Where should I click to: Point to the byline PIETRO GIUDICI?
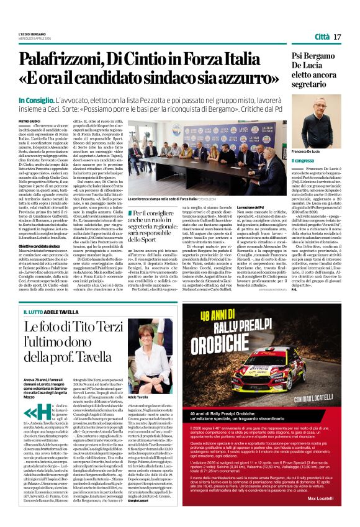[30, 120]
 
